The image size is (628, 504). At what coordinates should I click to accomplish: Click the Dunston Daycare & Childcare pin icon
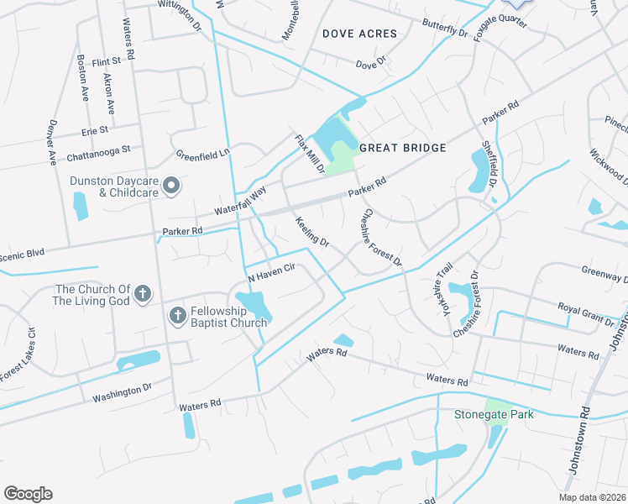coord(171,186)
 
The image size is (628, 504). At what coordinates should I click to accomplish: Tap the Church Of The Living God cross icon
coord(144,293)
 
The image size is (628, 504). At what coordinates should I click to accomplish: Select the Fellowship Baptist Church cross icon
coord(178,316)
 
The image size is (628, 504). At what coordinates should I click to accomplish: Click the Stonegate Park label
coord(505,415)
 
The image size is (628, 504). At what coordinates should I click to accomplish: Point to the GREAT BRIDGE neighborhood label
coord(402,148)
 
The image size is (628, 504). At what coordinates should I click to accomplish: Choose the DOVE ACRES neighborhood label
coord(359,34)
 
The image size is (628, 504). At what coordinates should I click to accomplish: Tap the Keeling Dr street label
coord(311,231)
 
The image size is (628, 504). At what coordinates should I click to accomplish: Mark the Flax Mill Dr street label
coord(309,154)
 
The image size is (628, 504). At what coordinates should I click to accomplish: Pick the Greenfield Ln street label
coord(202,155)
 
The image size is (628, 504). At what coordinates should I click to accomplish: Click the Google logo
coord(28,494)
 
